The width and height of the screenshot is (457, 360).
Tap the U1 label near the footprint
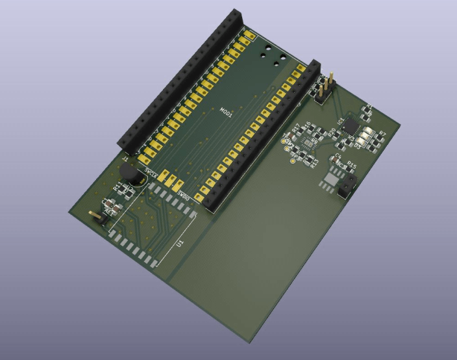180,243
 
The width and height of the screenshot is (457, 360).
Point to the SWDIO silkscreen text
184,195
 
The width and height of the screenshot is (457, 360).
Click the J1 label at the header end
125,157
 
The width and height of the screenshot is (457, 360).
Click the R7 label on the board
382,135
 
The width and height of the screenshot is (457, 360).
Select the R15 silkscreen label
352,164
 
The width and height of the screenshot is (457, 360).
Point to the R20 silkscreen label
332,132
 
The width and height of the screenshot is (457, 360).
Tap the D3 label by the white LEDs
358,148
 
